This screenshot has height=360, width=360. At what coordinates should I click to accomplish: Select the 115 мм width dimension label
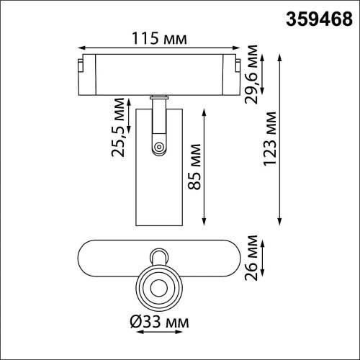pos(159,33)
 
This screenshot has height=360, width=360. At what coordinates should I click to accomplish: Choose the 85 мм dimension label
pos(194,166)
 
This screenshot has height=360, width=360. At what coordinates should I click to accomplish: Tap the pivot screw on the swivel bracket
pos(158,148)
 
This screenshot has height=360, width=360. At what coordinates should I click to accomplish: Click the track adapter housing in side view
pos(158,72)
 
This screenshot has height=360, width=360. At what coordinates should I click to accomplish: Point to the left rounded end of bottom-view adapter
pos(85,258)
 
